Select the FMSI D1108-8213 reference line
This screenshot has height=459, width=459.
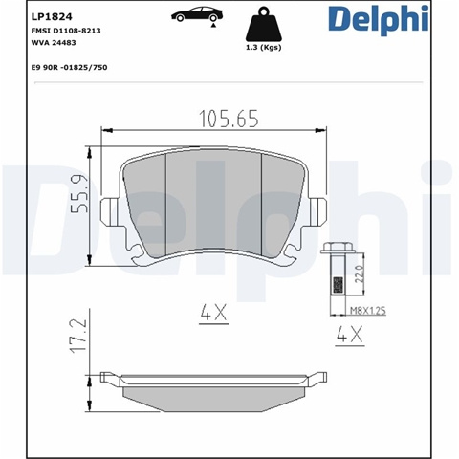coord(66,31)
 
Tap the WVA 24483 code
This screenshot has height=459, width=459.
coord(54,43)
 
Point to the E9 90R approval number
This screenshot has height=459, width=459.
coord(69,68)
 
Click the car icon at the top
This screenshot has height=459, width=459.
coord(197,14)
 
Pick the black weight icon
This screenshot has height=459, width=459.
coord(263,25)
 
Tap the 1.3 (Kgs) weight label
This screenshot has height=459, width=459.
coord(263,48)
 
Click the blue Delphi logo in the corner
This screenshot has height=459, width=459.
coord(379,19)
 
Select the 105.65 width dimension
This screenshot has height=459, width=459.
coord(229,119)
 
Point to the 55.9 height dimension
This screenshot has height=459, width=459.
coord(78,194)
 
